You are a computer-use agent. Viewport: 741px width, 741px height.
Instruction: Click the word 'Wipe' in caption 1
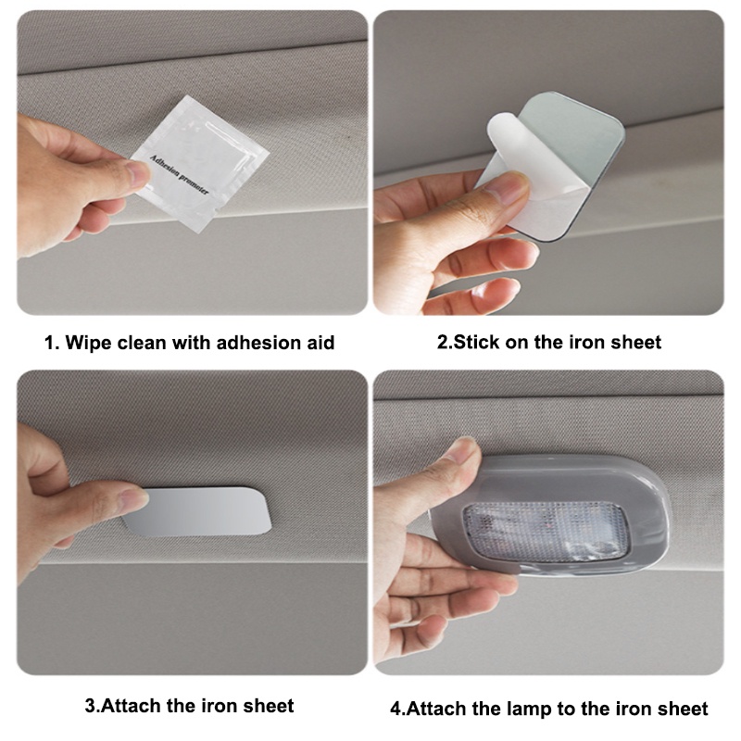pyautogui.click(x=90, y=343)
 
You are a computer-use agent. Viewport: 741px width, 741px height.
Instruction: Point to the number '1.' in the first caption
pyautogui.click(x=53, y=343)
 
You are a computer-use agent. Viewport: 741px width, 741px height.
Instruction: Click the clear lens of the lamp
pyautogui.click(x=546, y=530)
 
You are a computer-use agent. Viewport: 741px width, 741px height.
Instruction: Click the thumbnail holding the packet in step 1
pyautogui.click(x=136, y=174)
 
